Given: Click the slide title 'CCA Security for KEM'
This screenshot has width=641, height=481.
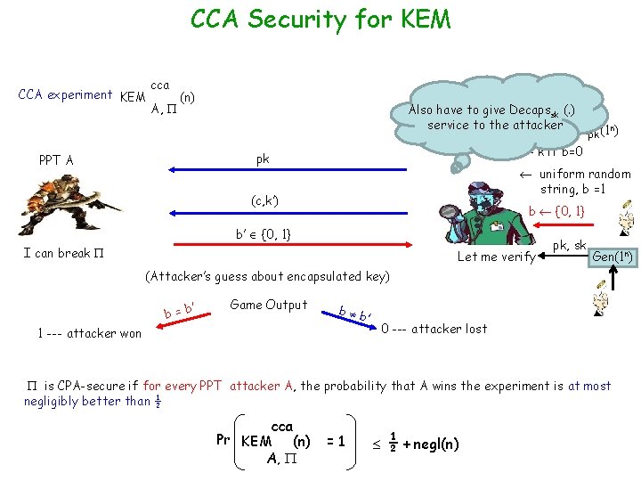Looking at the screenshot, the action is pos(320,19).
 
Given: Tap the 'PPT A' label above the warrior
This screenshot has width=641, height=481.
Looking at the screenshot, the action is pos(56,161).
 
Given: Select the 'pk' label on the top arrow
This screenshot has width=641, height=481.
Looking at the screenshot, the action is pos(263,159).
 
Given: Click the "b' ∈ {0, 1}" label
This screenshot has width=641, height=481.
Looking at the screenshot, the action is pos(264,234).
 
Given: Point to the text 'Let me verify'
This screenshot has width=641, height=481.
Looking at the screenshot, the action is pos(495,257).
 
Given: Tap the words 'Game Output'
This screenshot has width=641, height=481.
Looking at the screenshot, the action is pos(268,305).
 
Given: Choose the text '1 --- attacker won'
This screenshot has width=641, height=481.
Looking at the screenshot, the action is pos(89,333).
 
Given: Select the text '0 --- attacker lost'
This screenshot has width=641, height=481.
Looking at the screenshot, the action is pos(434,329).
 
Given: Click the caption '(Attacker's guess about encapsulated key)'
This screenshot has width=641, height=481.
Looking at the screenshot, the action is pos(267,276).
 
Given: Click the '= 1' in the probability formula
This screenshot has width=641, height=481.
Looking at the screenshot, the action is pos(337,442).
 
